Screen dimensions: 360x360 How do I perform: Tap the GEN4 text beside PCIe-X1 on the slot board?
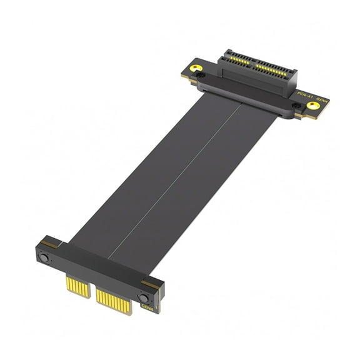(x=322, y=101)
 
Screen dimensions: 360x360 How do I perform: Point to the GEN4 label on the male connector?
(x=147, y=307)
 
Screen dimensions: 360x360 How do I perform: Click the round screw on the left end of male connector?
(x=45, y=259)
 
